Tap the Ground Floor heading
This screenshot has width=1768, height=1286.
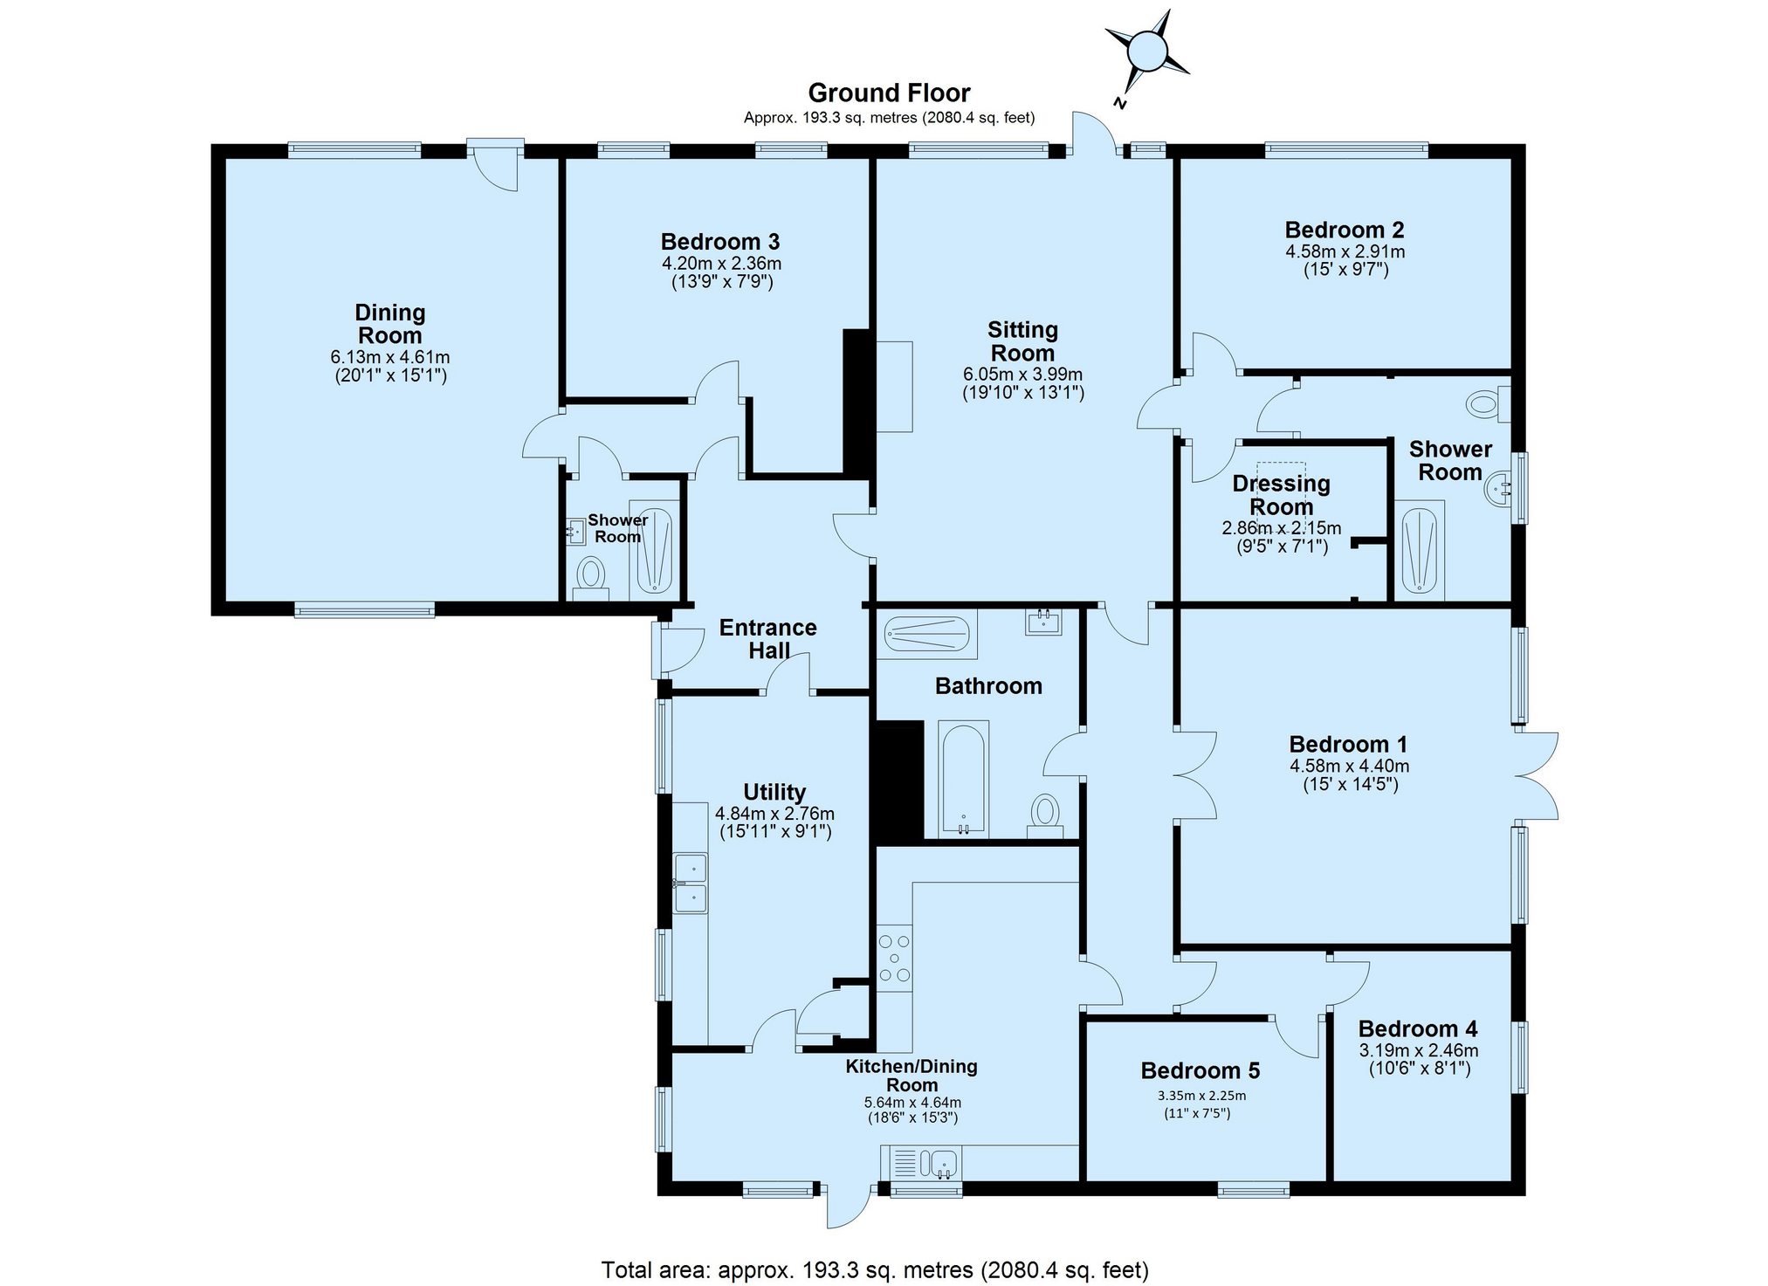coord(889,93)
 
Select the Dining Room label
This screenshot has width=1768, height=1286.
coord(389,324)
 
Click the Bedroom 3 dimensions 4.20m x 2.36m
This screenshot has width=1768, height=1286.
coord(721,263)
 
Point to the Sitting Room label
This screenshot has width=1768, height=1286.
coord(1022,341)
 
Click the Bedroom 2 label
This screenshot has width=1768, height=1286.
coord(1345,230)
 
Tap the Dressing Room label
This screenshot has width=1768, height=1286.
coord(1281,495)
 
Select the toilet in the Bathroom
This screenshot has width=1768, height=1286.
coord(1044,816)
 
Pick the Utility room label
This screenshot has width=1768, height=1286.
coord(774,792)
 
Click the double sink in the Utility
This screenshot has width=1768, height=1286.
coord(690,884)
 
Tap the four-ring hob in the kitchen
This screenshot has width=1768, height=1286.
coord(894,958)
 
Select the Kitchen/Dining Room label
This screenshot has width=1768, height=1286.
coord(912,1076)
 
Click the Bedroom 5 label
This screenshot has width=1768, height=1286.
coord(1200,1070)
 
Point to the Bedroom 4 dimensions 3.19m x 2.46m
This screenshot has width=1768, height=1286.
coord(1419,1050)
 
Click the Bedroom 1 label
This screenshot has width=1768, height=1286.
coord(1349,744)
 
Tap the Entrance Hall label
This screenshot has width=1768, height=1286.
coord(768,639)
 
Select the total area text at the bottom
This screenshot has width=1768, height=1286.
coord(875,1269)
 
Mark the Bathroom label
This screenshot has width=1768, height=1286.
coord(988,686)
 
